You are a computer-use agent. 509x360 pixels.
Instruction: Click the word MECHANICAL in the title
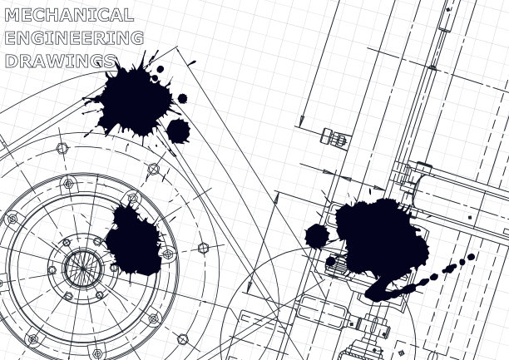tap(69, 15)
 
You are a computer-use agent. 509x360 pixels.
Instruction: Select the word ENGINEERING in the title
tap(74, 38)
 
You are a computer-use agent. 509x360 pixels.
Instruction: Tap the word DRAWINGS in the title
tap(61, 61)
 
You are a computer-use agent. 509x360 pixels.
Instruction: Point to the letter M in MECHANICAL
tap(12, 15)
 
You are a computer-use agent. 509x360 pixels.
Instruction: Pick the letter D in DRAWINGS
tap(12, 61)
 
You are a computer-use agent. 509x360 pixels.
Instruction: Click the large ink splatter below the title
tap(135, 99)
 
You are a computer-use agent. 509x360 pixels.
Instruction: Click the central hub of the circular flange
tap(83, 269)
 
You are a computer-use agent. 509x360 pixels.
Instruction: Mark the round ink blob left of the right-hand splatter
tap(317, 236)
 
